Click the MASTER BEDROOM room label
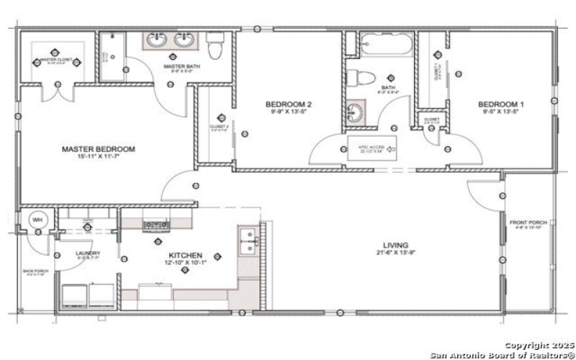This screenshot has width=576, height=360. (98, 149)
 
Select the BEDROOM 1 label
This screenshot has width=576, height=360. (501, 104)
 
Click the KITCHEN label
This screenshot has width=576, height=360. (186, 255)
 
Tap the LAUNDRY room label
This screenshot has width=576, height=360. (88, 253)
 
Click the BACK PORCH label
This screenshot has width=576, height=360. (35, 271)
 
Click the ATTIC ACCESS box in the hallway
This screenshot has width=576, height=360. (372, 150)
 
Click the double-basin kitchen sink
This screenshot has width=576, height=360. (248, 243)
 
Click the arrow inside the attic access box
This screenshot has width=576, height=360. (392, 150)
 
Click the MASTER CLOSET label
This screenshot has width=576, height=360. (58, 60)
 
